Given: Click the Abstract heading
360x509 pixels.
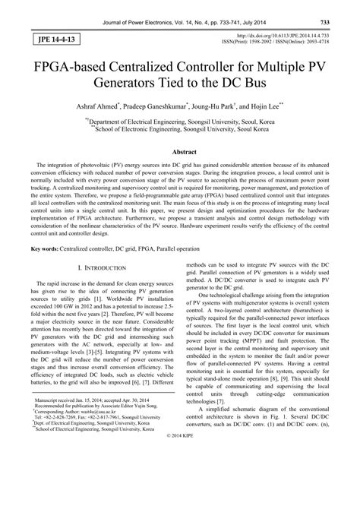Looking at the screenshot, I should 179,152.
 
